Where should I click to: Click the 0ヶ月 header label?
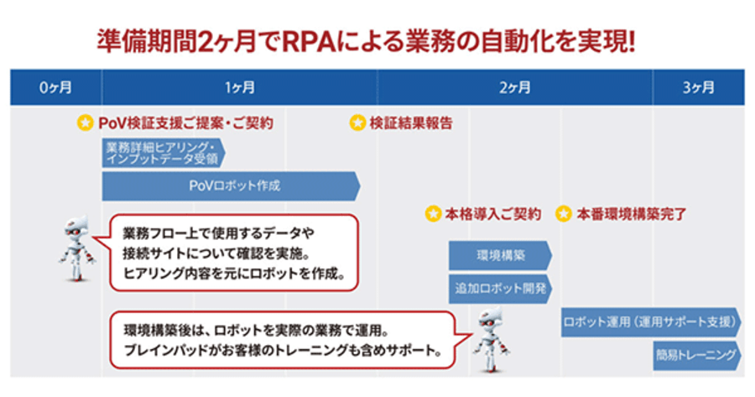click(55, 87)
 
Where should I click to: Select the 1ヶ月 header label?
click(239, 87)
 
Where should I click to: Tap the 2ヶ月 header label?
click(515, 87)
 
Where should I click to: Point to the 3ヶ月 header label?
click(698, 87)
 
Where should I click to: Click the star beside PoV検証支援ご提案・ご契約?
click(86, 123)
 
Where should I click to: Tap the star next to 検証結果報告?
click(357, 123)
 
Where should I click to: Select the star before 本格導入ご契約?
click(433, 213)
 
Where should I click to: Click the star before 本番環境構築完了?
click(564, 213)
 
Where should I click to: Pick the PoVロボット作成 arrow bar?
click(232, 186)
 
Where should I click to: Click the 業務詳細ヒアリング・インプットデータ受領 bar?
click(164, 154)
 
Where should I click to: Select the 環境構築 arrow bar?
click(500, 255)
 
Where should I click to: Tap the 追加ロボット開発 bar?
click(500, 289)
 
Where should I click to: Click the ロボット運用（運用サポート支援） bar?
click(652, 321)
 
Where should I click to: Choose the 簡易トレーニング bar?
click(697, 356)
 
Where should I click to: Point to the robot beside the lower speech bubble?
click(491, 341)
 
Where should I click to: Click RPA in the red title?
click(308, 42)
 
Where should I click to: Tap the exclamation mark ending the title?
click(631, 42)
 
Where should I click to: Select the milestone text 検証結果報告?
click(411, 123)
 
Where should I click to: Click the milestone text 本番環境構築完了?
click(631, 213)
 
